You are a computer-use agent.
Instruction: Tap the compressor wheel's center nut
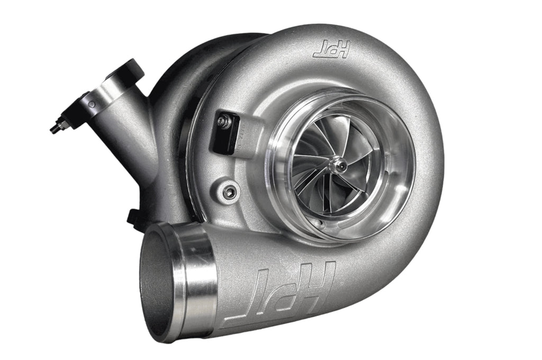pos(338,166)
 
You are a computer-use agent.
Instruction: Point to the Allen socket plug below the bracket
pos(229,192)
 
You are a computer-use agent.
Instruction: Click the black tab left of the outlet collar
pos(132,217)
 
